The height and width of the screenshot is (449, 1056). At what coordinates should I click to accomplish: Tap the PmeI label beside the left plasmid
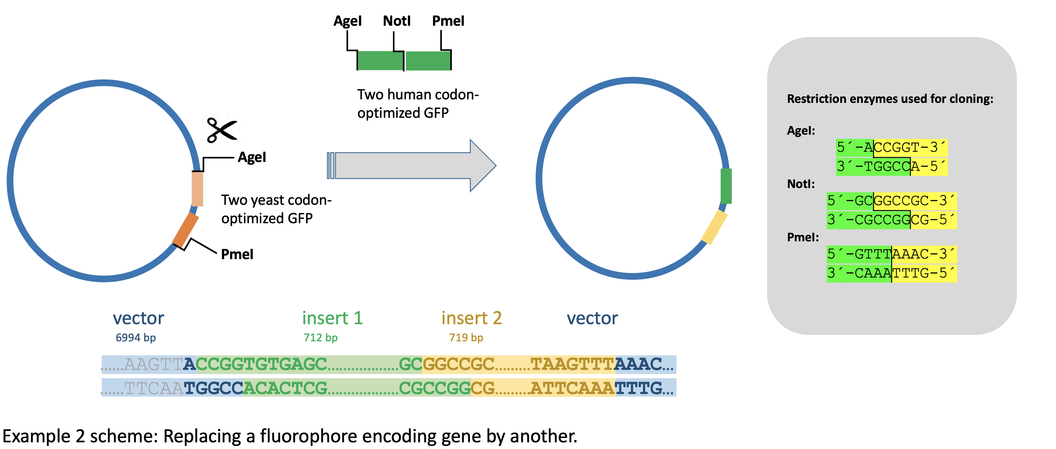tap(237, 254)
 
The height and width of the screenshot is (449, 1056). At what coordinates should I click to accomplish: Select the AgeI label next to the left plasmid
tap(252, 157)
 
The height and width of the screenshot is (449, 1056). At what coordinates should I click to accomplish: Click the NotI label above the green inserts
tap(396, 21)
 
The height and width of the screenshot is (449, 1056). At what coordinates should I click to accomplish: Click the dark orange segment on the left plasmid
tap(186, 229)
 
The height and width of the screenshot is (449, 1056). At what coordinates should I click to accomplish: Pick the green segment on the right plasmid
tap(726, 186)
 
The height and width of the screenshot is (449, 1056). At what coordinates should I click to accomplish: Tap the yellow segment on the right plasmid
tap(714, 227)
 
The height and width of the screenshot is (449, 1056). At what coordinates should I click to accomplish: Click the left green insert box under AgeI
tap(380, 61)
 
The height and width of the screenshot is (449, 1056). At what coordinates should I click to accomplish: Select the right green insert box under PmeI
tap(428, 61)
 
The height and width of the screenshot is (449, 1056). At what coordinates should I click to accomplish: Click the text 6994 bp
tap(136, 338)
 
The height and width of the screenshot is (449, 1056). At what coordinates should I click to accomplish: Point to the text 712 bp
tap(320, 338)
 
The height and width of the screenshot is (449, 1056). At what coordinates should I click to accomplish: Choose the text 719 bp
tap(466, 338)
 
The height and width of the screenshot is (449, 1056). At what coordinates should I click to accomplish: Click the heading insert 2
tap(471, 318)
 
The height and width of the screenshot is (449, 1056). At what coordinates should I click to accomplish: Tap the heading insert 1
tap(333, 318)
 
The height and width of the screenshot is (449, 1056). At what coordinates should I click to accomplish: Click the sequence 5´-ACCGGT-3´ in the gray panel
tap(892, 147)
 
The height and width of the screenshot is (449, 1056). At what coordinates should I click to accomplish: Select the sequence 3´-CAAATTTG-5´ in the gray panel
tap(892, 273)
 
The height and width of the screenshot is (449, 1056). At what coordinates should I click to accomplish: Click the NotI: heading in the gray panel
tap(801, 184)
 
